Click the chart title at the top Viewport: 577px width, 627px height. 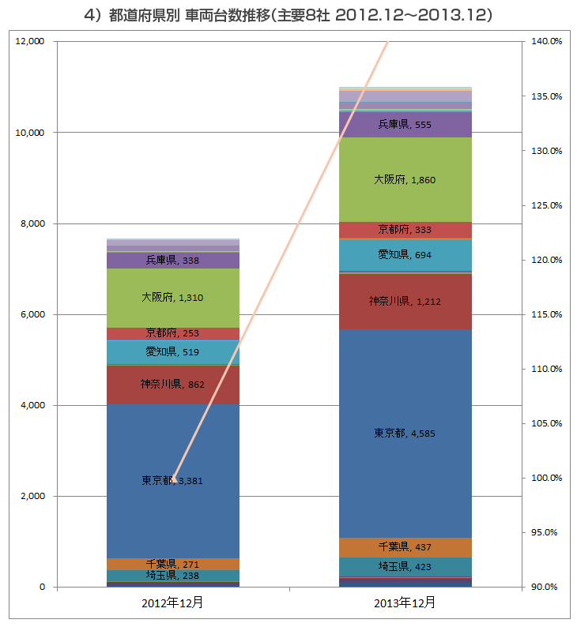(x=288, y=15)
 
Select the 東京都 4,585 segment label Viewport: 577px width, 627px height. (x=405, y=433)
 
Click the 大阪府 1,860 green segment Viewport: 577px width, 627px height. (x=405, y=180)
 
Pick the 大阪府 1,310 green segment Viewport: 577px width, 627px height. (x=173, y=298)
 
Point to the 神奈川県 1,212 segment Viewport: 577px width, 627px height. (x=405, y=301)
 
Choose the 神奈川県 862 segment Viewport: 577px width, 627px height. (x=173, y=385)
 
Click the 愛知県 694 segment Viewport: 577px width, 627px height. (x=405, y=254)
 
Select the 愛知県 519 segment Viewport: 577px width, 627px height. (x=173, y=351)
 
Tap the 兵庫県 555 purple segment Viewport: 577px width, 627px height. (x=405, y=124)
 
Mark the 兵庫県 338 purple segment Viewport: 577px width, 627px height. (x=173, y=260)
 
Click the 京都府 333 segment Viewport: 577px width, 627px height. (x=405, y=230)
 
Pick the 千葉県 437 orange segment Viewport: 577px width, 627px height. (x=405, y=546)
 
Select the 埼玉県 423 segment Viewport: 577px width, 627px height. (x=405, y=566)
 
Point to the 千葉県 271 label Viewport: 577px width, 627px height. (x=173, y=565)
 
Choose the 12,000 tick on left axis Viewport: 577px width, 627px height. (x=29, y=41)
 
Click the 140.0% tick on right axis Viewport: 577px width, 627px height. (x=545, y=41)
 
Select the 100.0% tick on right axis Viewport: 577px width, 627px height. (x=545, y=478)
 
